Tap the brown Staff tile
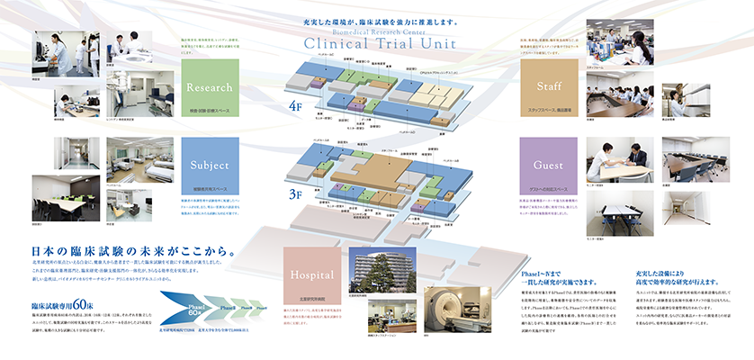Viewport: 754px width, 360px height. point(546,88)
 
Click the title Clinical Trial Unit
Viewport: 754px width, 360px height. point(377,44)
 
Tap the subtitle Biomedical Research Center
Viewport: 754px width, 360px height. point(376,29)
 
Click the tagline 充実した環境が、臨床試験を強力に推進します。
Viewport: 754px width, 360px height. point(377,19)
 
